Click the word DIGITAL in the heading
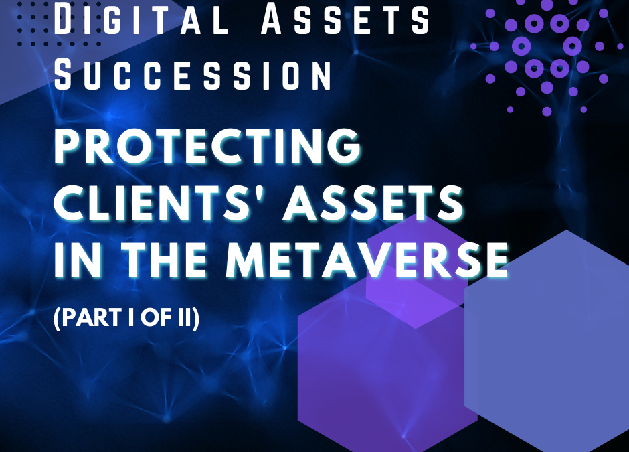click(x=141, y=19)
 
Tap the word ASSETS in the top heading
click(x=345, y=19)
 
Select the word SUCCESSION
click(x=193, y=75)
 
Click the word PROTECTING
click(x=207, y=146)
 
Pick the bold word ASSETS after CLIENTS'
click(x=373, y=202)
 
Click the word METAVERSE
click(x=367, y=259)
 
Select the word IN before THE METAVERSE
click(x=78, y=259)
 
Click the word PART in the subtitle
click(x=92, y=317)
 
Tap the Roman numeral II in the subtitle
click(x=184, y=317)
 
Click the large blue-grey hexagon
click(x=547, y=342)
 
